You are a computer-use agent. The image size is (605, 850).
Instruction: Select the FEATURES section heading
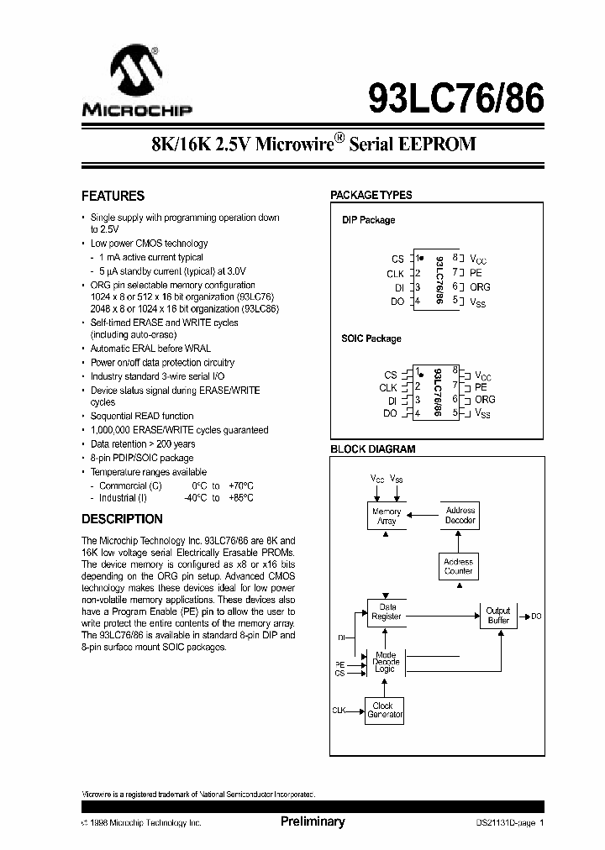click(113, 197)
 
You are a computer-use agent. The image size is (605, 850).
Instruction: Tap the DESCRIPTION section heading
click(122, 519)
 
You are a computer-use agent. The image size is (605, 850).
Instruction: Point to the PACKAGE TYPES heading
click(371, 195)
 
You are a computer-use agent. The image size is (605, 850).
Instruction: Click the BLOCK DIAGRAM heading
click(372, 449)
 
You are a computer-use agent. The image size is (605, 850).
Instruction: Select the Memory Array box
click(387, 517)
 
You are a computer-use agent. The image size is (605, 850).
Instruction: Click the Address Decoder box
click(460, 515)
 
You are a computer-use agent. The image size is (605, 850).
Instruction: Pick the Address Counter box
click(458, 566)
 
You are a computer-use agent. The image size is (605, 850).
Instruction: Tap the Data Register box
click(387, 611)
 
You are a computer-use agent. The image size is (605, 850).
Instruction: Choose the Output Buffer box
click(498, 616)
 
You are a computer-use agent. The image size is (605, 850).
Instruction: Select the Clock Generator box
click(384, 711)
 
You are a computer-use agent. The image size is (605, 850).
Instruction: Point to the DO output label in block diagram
click(536, 617)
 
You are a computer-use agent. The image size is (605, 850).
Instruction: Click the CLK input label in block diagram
click(339, 711)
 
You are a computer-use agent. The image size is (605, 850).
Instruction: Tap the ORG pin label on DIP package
click(480, 287)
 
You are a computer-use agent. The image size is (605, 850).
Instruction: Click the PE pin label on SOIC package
click(481, 387)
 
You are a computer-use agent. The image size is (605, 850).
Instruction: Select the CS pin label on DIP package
click(397, 260)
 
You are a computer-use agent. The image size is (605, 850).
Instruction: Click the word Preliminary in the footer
click(312, 822)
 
